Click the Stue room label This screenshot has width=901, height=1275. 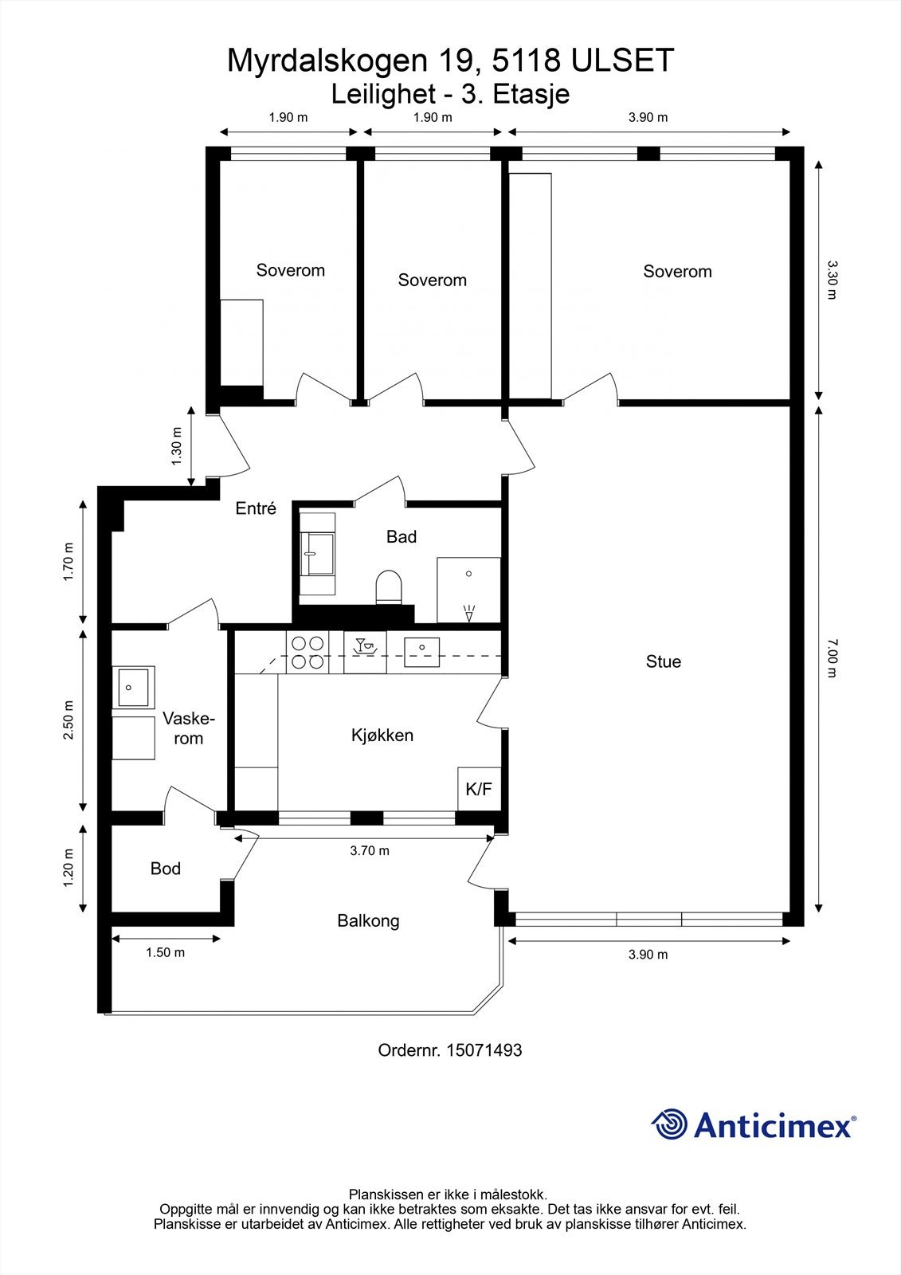[x=663, y=661]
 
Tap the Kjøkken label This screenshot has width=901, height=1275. [x=382, y=736]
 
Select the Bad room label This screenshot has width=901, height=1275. [x=402, y=537]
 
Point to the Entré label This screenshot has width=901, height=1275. [x=256, y=508]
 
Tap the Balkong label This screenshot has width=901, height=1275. [x=368, y=921]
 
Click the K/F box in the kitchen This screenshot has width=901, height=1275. [x=479, y=789]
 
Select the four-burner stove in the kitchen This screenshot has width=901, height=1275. [x=308, y=653]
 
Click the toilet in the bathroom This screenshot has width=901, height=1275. [x=390, y=586]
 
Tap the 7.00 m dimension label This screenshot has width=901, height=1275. [x=832, y=658]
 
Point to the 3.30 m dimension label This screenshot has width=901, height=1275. [x=832, y=280]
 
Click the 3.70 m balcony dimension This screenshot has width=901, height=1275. [x=370, y=851]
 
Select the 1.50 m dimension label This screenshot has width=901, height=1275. [x=166, y=953]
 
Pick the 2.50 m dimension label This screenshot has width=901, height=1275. [x=69, y=720]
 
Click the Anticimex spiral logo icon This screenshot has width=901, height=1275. [x=669, y=1124]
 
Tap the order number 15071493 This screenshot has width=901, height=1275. [x=484, y=1050]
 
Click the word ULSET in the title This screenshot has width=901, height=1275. [x=623, y=61]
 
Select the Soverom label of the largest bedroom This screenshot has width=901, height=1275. [x=677, y=272]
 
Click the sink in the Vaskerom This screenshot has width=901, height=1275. [x=133, y=688]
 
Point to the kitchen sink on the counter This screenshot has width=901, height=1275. [x=421, y=653]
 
